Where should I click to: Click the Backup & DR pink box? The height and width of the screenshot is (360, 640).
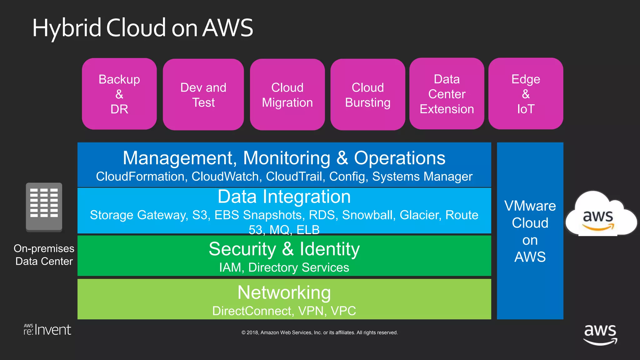coord(119,94)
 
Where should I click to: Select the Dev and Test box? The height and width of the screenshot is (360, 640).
coord(203,95)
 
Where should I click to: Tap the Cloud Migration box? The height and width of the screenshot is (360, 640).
coord(287,95)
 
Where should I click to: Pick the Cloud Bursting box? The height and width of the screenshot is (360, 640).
coord(367,95)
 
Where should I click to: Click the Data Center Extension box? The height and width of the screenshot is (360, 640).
coord(447,94)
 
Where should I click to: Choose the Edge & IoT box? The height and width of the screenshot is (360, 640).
coord(526,94)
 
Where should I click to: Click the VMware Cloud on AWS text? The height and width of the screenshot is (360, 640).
coord(530,231)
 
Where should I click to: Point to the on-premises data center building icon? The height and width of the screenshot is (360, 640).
coord(44,207)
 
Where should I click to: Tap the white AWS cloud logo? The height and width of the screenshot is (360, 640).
coord(599,216)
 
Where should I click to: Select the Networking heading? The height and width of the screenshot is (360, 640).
coord(284,292)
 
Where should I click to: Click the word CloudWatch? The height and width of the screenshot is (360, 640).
coord(226,177)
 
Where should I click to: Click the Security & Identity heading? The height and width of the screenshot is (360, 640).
coord(284,249)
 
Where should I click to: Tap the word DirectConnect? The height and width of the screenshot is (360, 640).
coord(252,311)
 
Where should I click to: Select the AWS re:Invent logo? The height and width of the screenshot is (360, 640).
coord(47,330)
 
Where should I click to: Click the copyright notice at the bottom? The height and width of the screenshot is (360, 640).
coord(319,332)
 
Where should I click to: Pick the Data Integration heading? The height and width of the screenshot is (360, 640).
coord(284,197)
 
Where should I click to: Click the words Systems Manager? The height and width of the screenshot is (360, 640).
coord(422,177)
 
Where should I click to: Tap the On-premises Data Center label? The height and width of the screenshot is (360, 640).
coord(44,255)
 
